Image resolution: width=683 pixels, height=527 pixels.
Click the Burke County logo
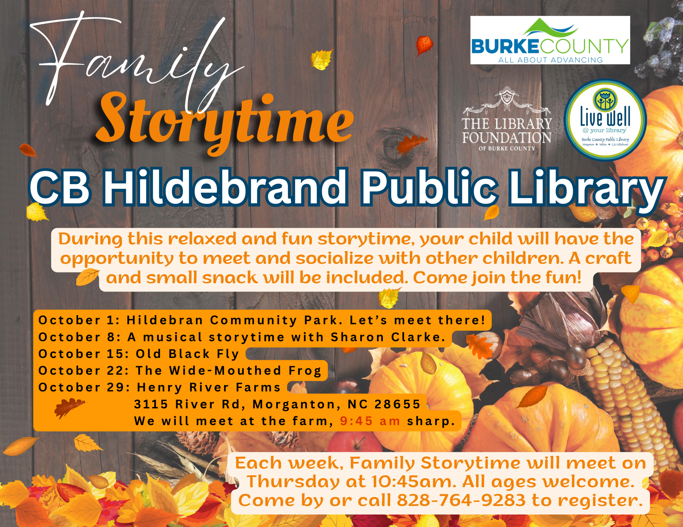(x=550, y=40)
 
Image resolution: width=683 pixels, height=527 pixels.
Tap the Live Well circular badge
(x=605, y=120)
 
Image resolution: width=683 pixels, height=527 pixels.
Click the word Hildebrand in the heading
(x=225, y=187)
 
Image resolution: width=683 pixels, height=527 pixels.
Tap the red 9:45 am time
(x=370, y=421)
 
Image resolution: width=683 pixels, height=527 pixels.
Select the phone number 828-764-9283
(x=461, y=500)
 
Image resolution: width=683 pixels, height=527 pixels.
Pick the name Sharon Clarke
(x=388, y=337)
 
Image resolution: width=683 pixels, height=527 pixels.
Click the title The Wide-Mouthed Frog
(x=229, y=371)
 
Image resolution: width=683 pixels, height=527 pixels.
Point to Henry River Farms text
(x=209, y=388)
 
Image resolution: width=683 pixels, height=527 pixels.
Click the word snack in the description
(x=230, y=278)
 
